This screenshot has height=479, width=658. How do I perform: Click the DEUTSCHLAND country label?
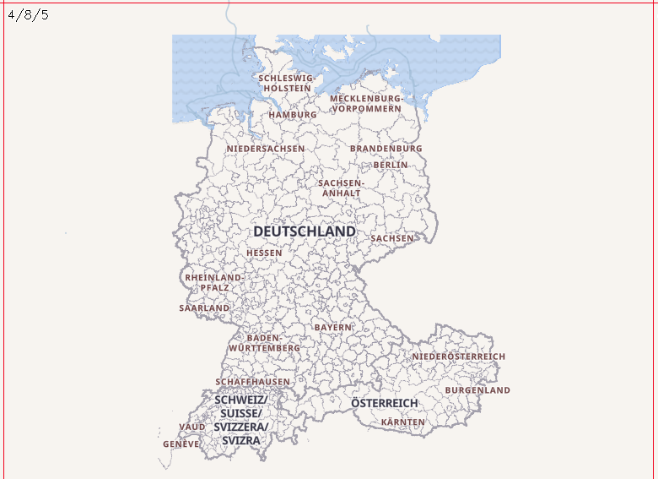pyautogui.click(x=305, y=231)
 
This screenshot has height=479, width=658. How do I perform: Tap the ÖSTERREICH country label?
pyautogui.click(x=385, y=404)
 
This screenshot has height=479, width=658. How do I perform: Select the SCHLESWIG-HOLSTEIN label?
pyautogui.click(x=287, y=83)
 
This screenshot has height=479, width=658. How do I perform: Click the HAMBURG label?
pyautogui.click(x=293, y=115)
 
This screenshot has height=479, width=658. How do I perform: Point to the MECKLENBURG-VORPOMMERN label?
pyautogui.click(x=366, y=104)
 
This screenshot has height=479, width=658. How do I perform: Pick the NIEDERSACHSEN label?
pyautogui.click(x=265, y=149)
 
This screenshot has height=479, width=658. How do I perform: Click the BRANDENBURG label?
pyautogui.click(x=386, y=149)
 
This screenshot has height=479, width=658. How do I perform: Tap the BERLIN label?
pyautogui.click(x=391, y=166)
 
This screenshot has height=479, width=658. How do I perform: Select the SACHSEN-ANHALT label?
pyautogui.click(x=341, y=188)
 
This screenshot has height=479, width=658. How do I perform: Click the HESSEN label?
pyautogui.click(x=264, y=253)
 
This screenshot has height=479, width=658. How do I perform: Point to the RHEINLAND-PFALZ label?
pyautogui.click(x=214, y=282)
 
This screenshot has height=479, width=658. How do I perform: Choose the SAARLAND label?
pyautogui.click(x=204, y=308)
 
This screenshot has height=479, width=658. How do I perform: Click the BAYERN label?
pyautogui.click(x=333, y=327)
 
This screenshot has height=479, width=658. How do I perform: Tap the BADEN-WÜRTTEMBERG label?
pyautogui.click(x=264, y=343)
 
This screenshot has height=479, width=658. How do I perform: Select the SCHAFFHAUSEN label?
pyautogui.click(x=252, y=382)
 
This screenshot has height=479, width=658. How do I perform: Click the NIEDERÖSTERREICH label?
pyautogui.click(x=459, y=357)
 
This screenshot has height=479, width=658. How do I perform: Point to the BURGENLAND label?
pyautogui.click(x=477, y=391)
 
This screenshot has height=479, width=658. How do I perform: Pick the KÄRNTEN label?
pyautogui.click(x=403, y=422)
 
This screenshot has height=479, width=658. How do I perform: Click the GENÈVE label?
pyautogui.click(x=181, y=444)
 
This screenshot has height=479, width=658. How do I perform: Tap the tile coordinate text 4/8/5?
pyautogui.click(x=29, y=14)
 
